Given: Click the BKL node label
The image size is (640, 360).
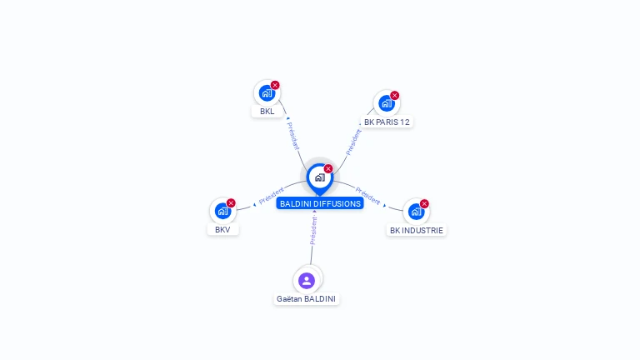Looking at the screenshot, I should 267,111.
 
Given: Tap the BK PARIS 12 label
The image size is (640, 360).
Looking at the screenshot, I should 387,122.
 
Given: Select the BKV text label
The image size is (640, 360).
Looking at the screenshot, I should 222,229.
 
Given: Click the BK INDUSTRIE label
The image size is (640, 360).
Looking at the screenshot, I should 417,230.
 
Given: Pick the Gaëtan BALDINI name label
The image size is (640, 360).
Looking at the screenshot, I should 307,298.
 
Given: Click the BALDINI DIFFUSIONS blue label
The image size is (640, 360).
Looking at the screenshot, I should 320,203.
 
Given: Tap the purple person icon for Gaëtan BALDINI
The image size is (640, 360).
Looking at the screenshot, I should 307,280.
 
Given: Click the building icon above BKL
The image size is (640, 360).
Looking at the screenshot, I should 267,92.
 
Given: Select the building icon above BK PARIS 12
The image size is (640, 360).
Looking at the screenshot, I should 386,103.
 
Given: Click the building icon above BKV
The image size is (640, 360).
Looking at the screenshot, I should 222,211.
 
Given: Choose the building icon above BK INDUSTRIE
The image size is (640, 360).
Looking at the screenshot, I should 416,212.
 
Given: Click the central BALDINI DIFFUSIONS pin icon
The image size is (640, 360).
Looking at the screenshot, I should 319,177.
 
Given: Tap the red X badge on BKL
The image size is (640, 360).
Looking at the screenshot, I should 275,85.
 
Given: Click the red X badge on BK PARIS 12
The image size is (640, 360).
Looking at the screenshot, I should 395,95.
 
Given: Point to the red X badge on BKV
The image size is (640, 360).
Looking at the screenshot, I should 231,202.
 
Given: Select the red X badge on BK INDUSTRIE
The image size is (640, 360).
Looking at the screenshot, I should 424,203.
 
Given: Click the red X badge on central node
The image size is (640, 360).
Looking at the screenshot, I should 328,168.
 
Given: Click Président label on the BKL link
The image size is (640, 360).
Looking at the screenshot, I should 292,134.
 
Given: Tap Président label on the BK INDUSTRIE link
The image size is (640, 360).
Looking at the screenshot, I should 368,196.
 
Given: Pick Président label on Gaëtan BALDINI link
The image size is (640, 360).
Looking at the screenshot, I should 313,230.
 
